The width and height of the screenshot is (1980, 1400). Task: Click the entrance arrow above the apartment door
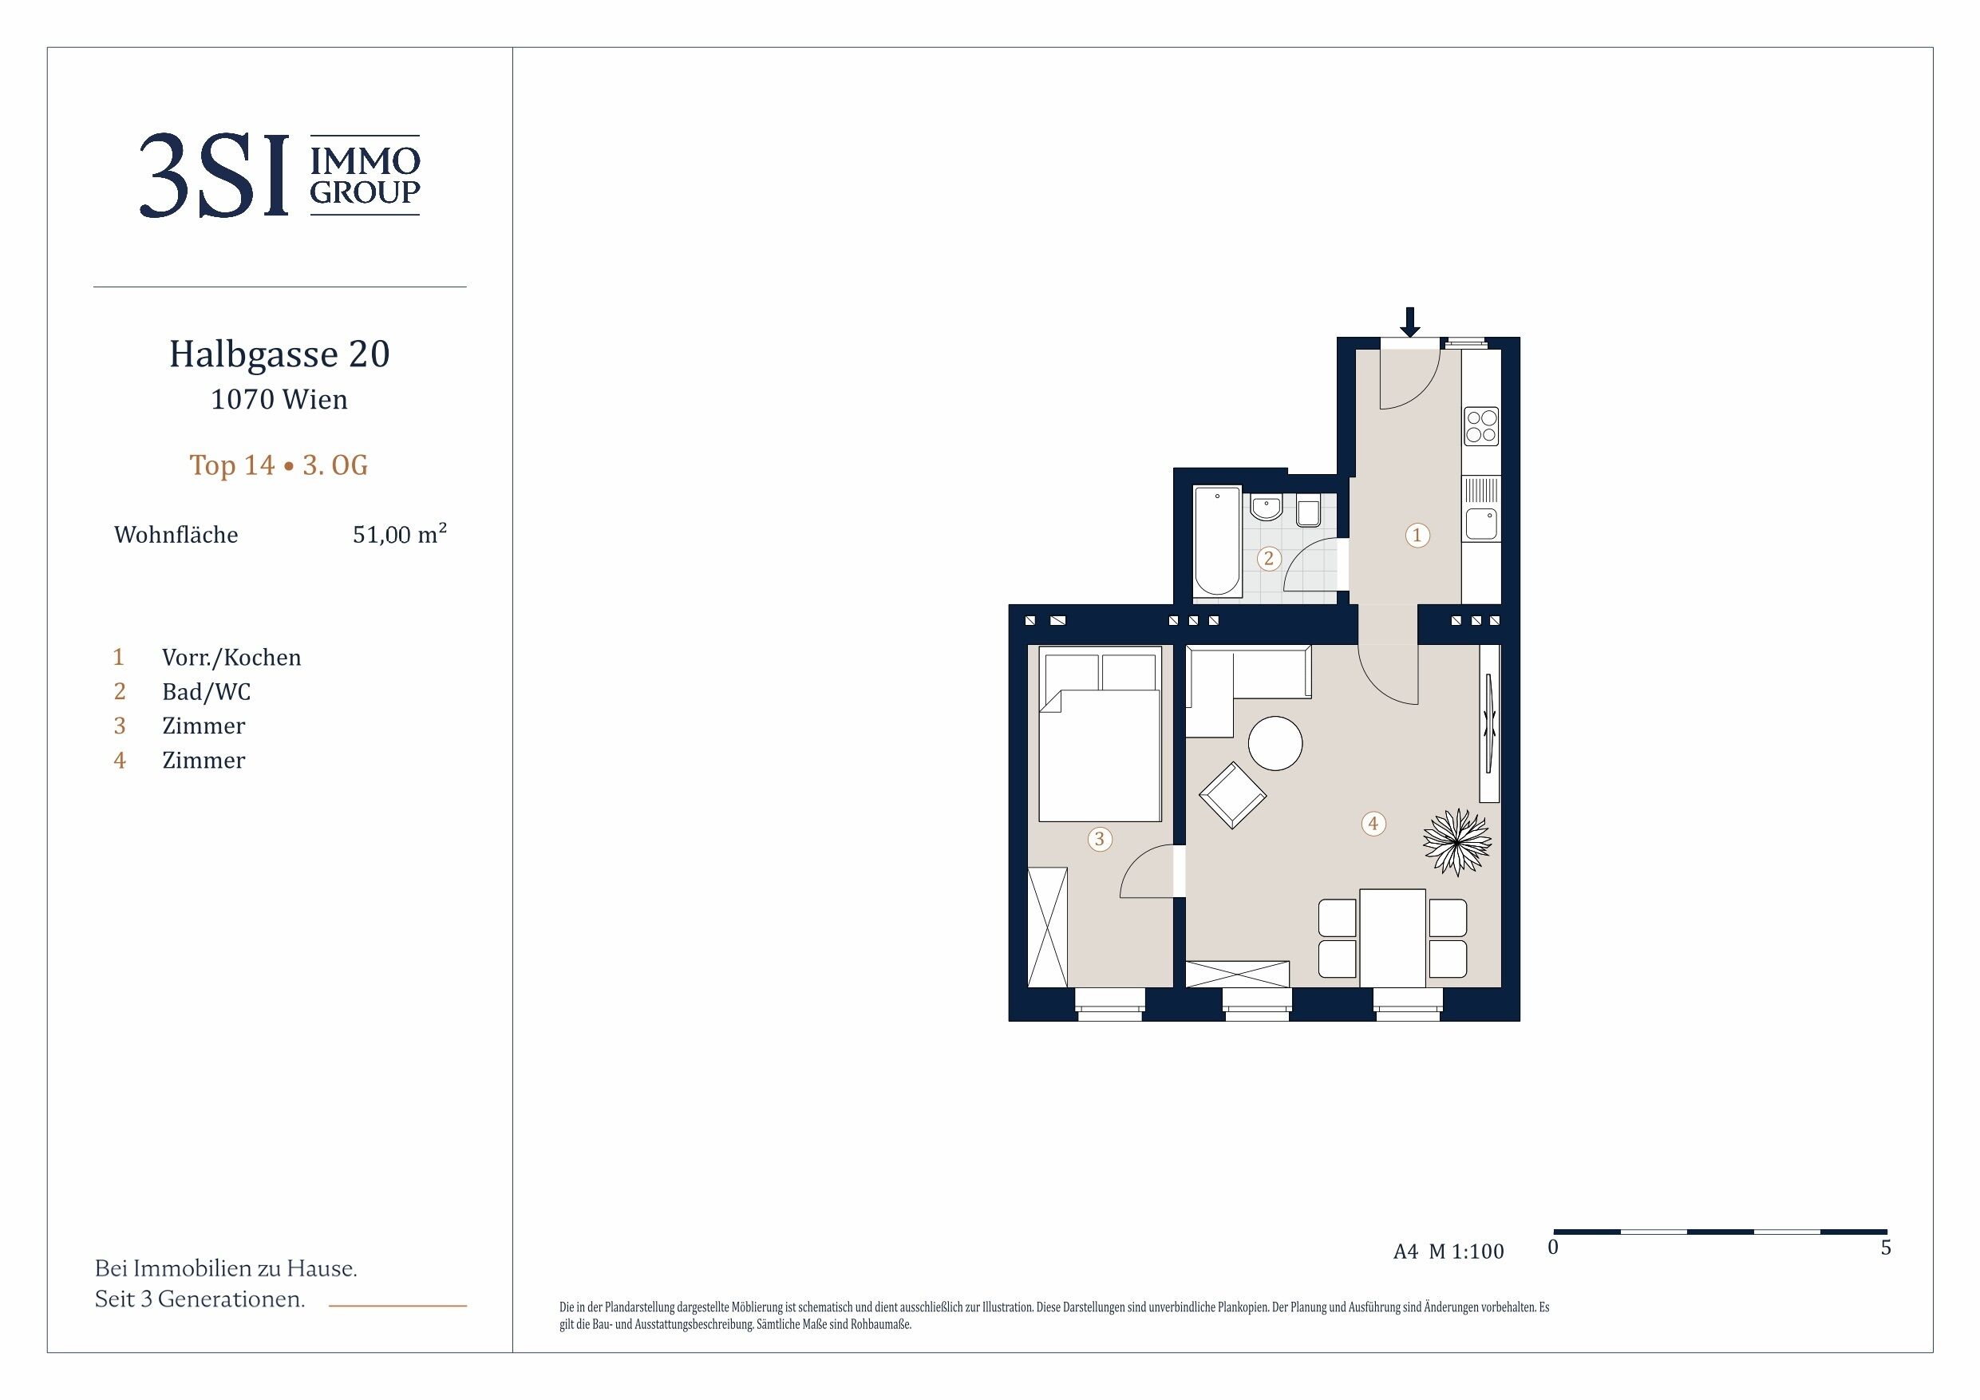coord(1409,322)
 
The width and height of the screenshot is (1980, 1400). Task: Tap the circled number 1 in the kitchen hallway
coord(1417,535)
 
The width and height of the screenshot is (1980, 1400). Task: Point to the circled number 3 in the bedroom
coord(1099,838)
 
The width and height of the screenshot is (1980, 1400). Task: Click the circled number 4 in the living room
coord(1373,824)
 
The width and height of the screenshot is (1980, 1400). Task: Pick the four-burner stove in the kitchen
coord(1481,426)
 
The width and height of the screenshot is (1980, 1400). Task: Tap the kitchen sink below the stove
coord(1481,524)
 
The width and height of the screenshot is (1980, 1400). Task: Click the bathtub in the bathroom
coord(1217,542)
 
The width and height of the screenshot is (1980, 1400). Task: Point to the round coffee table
coord(1275,744)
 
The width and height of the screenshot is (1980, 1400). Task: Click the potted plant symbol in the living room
coord(1457,842)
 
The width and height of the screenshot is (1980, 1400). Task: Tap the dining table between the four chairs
coord(1392,939)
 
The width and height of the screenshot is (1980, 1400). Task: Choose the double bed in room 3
coord(1100,734)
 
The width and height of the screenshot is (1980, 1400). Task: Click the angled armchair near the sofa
coord(1232,795)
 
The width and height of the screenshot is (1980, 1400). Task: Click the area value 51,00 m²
coord(400,534)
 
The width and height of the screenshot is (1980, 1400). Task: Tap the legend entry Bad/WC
coord(206,692)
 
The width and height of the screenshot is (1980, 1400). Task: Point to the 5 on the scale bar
coord(1886,1248)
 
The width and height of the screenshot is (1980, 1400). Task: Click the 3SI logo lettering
coord(214,176)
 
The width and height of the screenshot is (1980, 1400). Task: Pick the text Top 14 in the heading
coord(232,466)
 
